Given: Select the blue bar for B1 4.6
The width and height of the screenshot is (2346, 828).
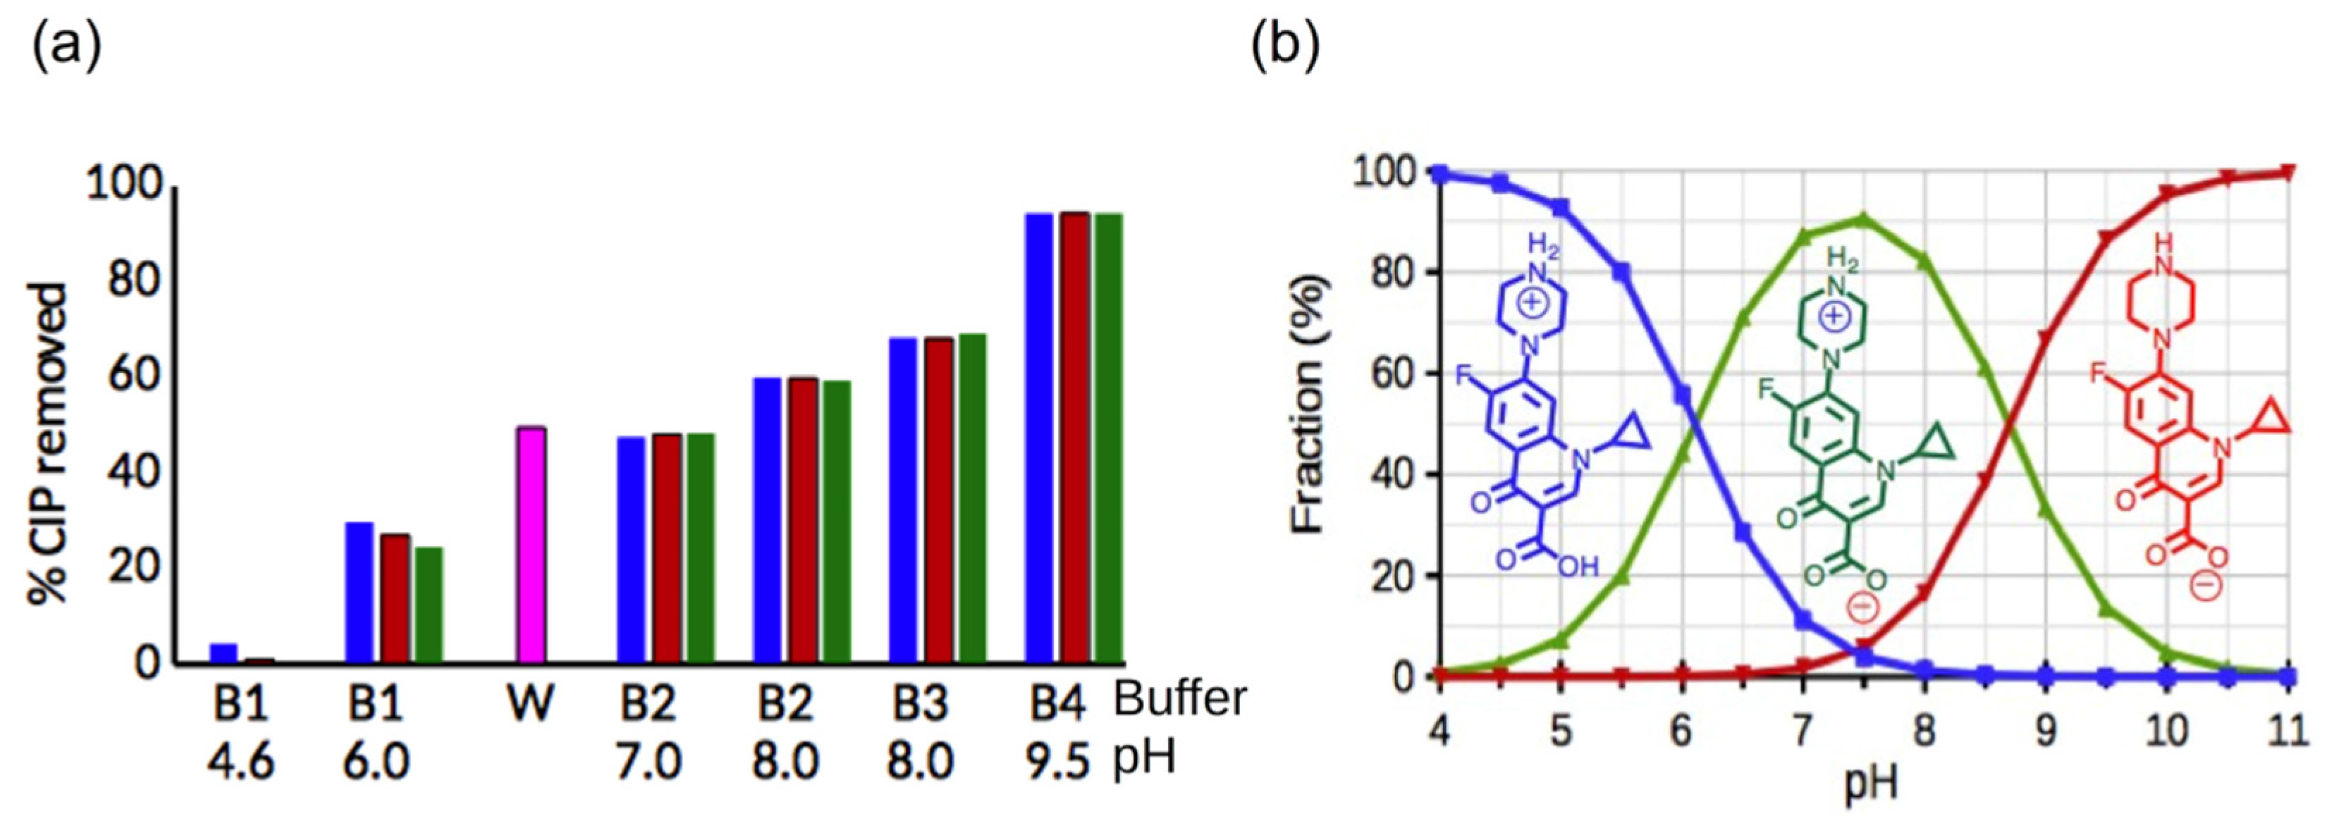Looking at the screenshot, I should [223, 653].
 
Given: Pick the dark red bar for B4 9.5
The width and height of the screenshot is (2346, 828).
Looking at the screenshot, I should [1074, 437].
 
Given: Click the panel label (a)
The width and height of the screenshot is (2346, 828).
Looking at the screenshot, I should [66, 46].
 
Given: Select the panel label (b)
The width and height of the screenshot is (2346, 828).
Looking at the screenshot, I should [1285, 46].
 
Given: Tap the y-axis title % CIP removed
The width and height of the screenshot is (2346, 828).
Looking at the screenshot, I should [47, 444].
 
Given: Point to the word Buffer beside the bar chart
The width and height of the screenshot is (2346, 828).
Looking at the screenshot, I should [1180, 700].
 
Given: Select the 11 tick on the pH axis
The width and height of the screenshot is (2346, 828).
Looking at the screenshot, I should [2287, 731].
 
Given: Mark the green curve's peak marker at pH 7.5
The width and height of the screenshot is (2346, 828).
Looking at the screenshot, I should [1862, 220].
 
